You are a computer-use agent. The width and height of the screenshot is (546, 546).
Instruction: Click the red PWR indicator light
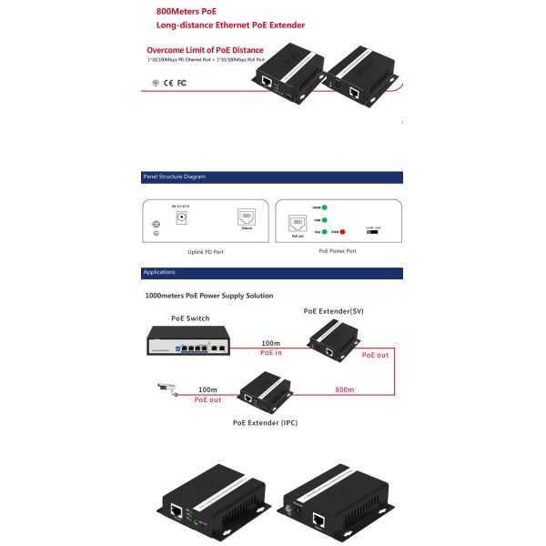(342, 232)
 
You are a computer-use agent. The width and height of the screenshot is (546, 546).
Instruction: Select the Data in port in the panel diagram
(247, 217)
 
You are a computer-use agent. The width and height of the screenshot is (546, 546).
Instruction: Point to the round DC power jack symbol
(181, 217)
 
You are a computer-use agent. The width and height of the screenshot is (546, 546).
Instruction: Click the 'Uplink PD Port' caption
(206, 251)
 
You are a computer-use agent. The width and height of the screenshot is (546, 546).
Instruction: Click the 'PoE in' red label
(272, 353)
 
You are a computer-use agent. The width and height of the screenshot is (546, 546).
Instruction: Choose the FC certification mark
(181, 83)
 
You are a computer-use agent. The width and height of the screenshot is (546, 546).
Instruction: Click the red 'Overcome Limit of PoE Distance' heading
(205, 49)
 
